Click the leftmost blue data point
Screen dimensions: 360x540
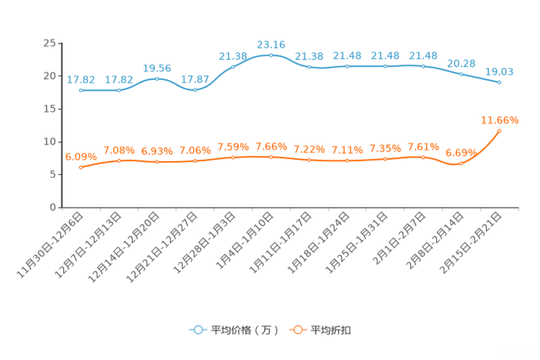[81, 90]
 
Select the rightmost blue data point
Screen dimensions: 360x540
[499, 82]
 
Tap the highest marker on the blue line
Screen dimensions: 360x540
[271, 54]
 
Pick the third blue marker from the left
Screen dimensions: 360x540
[157, 78]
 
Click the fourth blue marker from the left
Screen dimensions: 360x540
[195, 89]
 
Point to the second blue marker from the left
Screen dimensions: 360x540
[119, 90]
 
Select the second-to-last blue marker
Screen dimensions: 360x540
[462, 73]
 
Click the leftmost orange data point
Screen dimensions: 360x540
[81, 167]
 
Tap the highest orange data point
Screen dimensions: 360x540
[499, 130]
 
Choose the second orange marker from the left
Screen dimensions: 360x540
[119, 160]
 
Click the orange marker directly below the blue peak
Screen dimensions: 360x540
[271, 157]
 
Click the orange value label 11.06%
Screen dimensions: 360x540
[499, 119]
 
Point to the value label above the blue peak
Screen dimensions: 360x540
[271, 44]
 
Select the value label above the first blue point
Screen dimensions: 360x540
[81, 79]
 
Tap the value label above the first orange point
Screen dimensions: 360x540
[81, 156]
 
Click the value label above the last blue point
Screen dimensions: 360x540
[499, 71]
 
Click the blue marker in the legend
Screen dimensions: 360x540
[197, 330]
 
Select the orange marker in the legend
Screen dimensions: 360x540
[297, 330]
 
